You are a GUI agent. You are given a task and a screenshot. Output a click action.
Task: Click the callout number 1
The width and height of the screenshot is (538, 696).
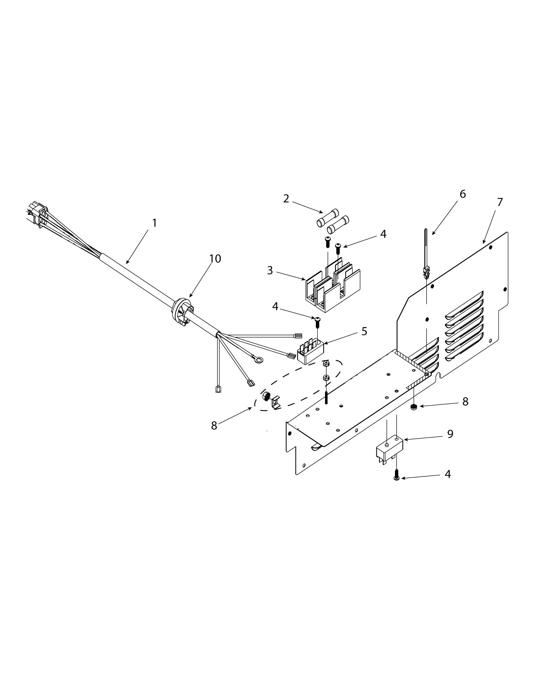pyautogui.click(x=154, y=223)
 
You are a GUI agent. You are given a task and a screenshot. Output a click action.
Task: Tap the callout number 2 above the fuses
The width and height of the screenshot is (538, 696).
pyautogui.click(x=286, y=199)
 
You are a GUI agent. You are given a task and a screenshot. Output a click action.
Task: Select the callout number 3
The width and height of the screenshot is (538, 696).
pyautogui.click(x=270, y=270)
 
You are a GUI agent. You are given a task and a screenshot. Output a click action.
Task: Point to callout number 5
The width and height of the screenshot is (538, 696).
pyautogui.click(x=364, y=331)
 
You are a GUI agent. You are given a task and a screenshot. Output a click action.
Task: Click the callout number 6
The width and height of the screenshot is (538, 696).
pyautogui.click(x=462, y=194)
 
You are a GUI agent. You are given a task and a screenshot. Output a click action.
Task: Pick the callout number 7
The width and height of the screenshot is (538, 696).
pyautogui.click(x=500, y=202)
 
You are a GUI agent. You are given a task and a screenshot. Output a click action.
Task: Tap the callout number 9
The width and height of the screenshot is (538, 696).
pyautogui.click(x=450, y=434)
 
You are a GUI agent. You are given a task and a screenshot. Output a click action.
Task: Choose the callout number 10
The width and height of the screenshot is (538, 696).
pyautogui.click(x=215, y=258)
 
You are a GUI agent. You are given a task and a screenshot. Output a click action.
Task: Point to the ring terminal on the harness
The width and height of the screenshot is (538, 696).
pyautogui.click(x=259, y=360)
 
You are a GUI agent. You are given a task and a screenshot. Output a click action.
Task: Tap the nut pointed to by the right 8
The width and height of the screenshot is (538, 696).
pyautogui.click(x=414, y=407)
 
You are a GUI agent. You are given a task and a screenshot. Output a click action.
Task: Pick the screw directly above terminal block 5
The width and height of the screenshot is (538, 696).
pyautogui.click(x=317, y=322)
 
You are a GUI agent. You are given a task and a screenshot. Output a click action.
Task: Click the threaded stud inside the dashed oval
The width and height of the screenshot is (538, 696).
pyautogui.click(x=327, y=397)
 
